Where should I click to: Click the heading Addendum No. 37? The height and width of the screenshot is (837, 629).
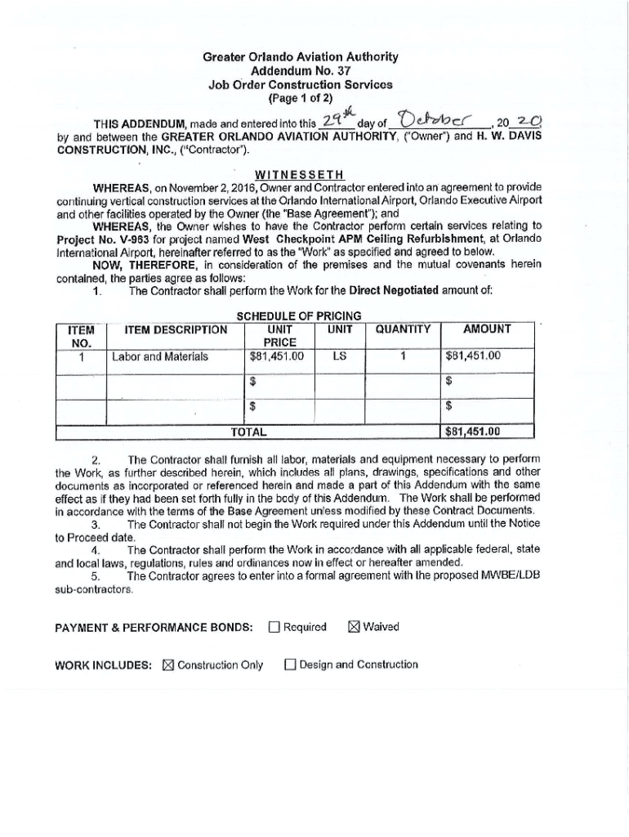[x=301, y=70]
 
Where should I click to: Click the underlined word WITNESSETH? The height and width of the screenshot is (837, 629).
[x=300, y=175]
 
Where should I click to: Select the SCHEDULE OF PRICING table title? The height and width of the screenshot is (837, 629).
[x=299, y=316]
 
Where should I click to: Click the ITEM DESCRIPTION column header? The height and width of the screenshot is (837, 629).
[x=176, y=329]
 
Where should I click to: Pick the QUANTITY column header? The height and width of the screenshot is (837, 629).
[x=403, y=329]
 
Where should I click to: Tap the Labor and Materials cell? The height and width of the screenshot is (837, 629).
[x=160, y=356]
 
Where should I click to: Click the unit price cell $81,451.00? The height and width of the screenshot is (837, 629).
[x=277, y=356]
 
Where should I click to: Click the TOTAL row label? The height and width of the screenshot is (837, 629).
[x=248, y=432]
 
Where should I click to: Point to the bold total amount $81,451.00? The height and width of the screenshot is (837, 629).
[x=473, y=432]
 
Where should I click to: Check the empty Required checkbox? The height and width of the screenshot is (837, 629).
[x=274, y=628]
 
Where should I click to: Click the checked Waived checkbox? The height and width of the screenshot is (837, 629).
[x=354, y=628]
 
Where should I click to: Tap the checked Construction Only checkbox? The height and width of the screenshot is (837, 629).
[x=168, y=665]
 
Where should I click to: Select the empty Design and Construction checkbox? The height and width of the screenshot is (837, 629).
[x=290, y=665]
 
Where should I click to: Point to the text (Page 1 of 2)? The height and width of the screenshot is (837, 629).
[x=300, y=97]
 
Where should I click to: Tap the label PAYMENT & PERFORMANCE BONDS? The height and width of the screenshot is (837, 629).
[x=154, y=628]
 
